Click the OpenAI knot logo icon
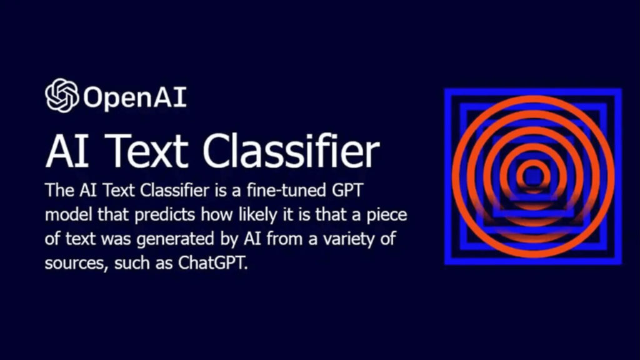pyautogui.click(x=62, y=96)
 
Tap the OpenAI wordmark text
pyautogui.click(x=135, y=97)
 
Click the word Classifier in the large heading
pyautogui.click(x=291, y=151)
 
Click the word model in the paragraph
pyautogui.click(x=68, y=215)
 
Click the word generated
pyautogui.click(x=176, y=239)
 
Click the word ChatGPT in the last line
pyautogui.click(x=212, y=263)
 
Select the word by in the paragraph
pyautogui.click(x=230, y=239)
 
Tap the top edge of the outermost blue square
pyautogui.click(x=533, y=91)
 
